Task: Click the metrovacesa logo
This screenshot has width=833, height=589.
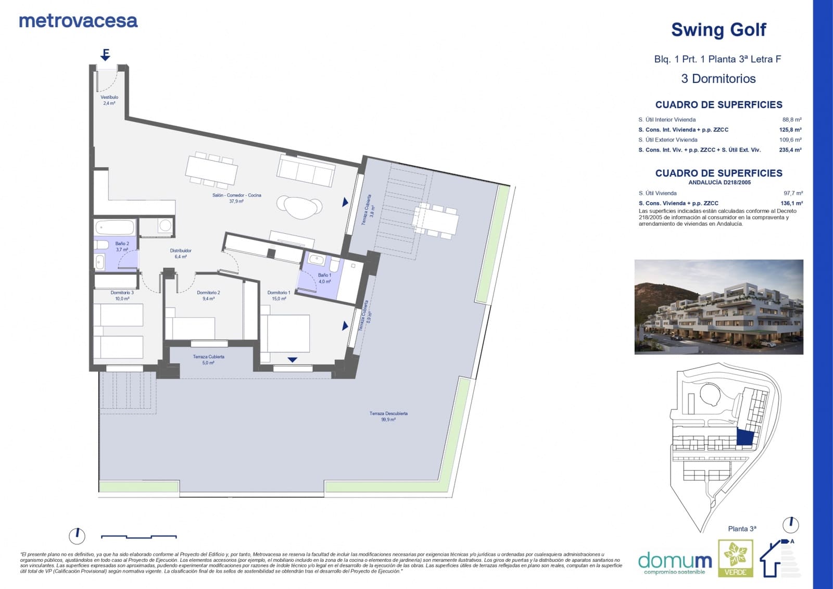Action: click(78, 21)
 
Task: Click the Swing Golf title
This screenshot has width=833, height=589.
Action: click(718, 30)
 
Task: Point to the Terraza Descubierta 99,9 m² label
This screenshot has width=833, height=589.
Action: click(388, 416)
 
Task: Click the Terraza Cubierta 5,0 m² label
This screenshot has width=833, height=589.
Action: click(208, 359)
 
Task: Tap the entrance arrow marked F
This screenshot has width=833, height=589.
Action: click(106, 55)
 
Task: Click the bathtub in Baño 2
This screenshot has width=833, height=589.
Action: click(115, 228)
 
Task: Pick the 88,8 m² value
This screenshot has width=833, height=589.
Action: click(791, 119)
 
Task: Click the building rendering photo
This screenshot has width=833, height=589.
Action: click(718, 307)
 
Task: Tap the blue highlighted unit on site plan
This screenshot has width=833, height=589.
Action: click(745, 437)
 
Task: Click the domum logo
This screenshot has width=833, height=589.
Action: click(675, 562)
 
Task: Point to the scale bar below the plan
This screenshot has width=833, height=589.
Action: click(138, 536)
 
